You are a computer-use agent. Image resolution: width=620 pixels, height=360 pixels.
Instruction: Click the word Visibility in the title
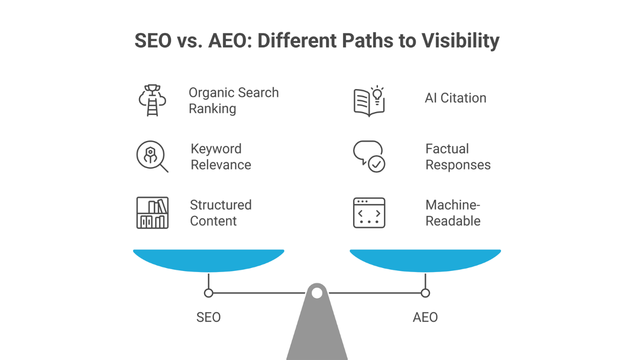click(x=446, y=42)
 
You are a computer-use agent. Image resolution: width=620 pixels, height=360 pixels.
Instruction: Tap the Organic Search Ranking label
click(x=234, y=101)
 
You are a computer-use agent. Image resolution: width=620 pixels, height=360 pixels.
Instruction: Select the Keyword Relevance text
click(x=220, y=157)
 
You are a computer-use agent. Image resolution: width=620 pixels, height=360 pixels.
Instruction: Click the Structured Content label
click(x=221, y=213)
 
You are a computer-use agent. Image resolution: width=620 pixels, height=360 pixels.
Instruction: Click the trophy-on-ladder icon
click(x=152, y=101)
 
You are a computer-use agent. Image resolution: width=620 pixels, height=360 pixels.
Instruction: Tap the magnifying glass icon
click(x=152, y=157)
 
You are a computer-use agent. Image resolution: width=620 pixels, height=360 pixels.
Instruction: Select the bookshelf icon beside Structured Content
click(x=152, y=213)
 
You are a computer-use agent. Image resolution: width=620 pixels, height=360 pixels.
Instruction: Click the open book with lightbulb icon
click(x=368, y=101)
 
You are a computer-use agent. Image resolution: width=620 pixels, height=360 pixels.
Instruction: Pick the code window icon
click(x=368, y=213)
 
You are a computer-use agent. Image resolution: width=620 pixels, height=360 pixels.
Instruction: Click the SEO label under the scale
click(x=208, y=317)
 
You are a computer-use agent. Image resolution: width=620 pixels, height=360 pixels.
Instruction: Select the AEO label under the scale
click(x=425, y=317)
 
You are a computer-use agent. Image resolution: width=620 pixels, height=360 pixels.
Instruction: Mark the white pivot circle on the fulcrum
click(x=317, y=294)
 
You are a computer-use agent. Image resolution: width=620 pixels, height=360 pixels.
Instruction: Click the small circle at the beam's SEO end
click(x=208, y=293)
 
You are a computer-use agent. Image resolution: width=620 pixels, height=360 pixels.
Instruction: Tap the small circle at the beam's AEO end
click(x=425, y=293)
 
